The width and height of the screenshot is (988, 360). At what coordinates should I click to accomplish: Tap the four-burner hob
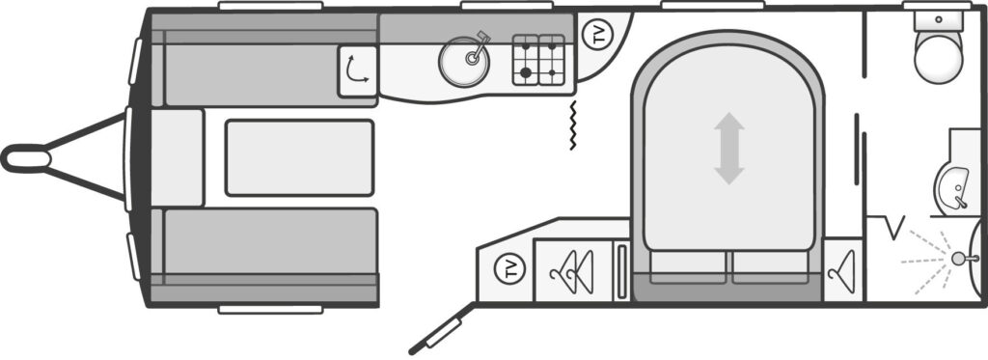pyautogui.click(x=537, y=61)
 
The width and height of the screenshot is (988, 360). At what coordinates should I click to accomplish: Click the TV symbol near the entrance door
pyautogui.click(x=510, y=267)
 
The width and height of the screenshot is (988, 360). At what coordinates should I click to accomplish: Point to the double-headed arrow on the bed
pyautogui.click(x=728, y=149)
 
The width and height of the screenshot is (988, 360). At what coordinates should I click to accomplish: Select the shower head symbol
pyautogui.click(x=957, y=258)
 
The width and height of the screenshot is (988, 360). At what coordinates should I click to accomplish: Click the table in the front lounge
pyautogui.click(x=299, y=157)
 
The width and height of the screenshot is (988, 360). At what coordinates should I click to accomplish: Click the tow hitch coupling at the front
pyautogui.click(x=27, y=157)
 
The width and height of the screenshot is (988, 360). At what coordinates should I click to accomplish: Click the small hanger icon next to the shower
pyautogui.click(x=842, y=269)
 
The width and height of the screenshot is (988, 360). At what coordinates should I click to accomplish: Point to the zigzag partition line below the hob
pyautogui.click(x=573, y=125)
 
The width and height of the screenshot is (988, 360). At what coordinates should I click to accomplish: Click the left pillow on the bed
pyautogui.click(x=688, y=265)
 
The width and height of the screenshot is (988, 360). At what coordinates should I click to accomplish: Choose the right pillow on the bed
pyautogui.click(x=770, y=265)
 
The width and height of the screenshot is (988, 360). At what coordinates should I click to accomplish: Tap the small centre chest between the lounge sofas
pyautogui.click(x=178, y=157)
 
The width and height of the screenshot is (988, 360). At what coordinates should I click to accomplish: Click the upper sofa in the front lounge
pyautogui.click(x=261, y=68)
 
